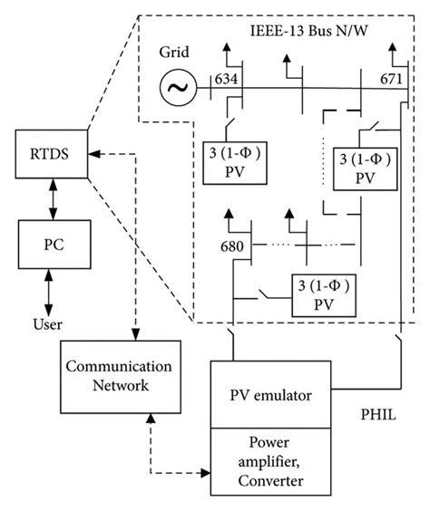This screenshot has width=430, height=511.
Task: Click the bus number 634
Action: (x=227, y=78)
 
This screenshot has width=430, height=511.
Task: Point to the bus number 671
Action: (x=391, y=78)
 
